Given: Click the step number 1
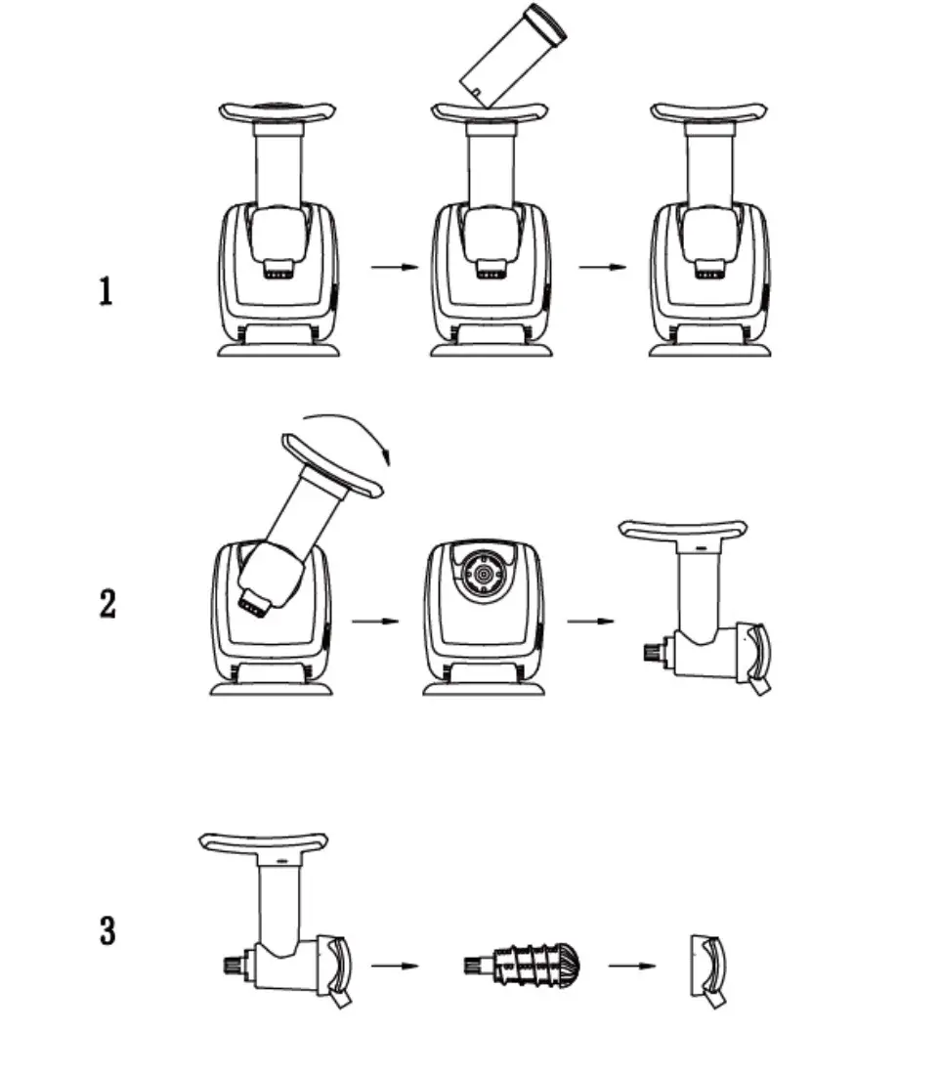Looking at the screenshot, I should point(106,291).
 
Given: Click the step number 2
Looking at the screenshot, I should point(107,604).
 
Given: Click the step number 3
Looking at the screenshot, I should point(107,929).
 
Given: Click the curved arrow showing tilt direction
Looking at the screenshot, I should point(355,437).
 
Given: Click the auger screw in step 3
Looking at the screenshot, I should point(525,967).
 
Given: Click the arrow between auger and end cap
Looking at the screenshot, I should point(630,967).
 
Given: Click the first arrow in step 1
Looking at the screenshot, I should point(395,267).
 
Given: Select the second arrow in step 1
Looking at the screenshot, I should point(602,267).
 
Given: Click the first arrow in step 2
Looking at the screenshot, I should point(375,620).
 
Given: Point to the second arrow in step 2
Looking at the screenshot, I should point(590,620).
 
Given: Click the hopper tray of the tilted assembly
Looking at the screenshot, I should point(333,468).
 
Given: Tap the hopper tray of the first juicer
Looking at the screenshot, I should point(278,111).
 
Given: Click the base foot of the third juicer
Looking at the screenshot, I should point(709,348).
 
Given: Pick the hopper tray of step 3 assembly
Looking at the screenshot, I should point(262,843).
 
